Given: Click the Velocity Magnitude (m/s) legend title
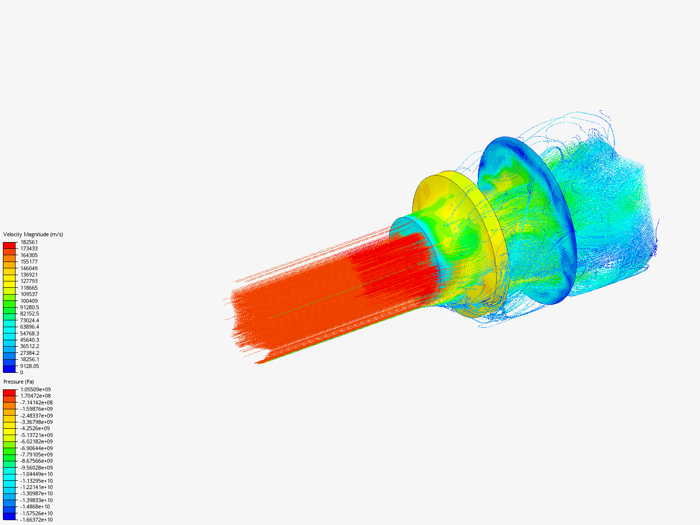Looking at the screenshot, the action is pyautogui.click(x=33, y=234).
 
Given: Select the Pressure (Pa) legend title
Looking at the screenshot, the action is pyautogui.click(x=18, y=382).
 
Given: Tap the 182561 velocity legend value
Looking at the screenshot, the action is pyautogui.click(x=29, y=242).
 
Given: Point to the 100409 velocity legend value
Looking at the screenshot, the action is pyautogui.click(x=29, y=301).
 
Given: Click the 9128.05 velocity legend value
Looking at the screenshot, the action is pyautogui.click(x=30, y=366).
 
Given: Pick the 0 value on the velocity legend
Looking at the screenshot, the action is pyautogui.click(x=22, y=372).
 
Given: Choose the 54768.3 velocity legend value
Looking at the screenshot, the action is pyautogui.click(x=30, y=333).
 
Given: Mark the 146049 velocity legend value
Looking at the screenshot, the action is pyautogui.click(x=29, y=268).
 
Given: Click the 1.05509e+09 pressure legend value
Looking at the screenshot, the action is pyautogui.click(x=35, y=389).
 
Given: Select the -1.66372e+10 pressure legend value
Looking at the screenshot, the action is pyautogui.click(x=36, y=520).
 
